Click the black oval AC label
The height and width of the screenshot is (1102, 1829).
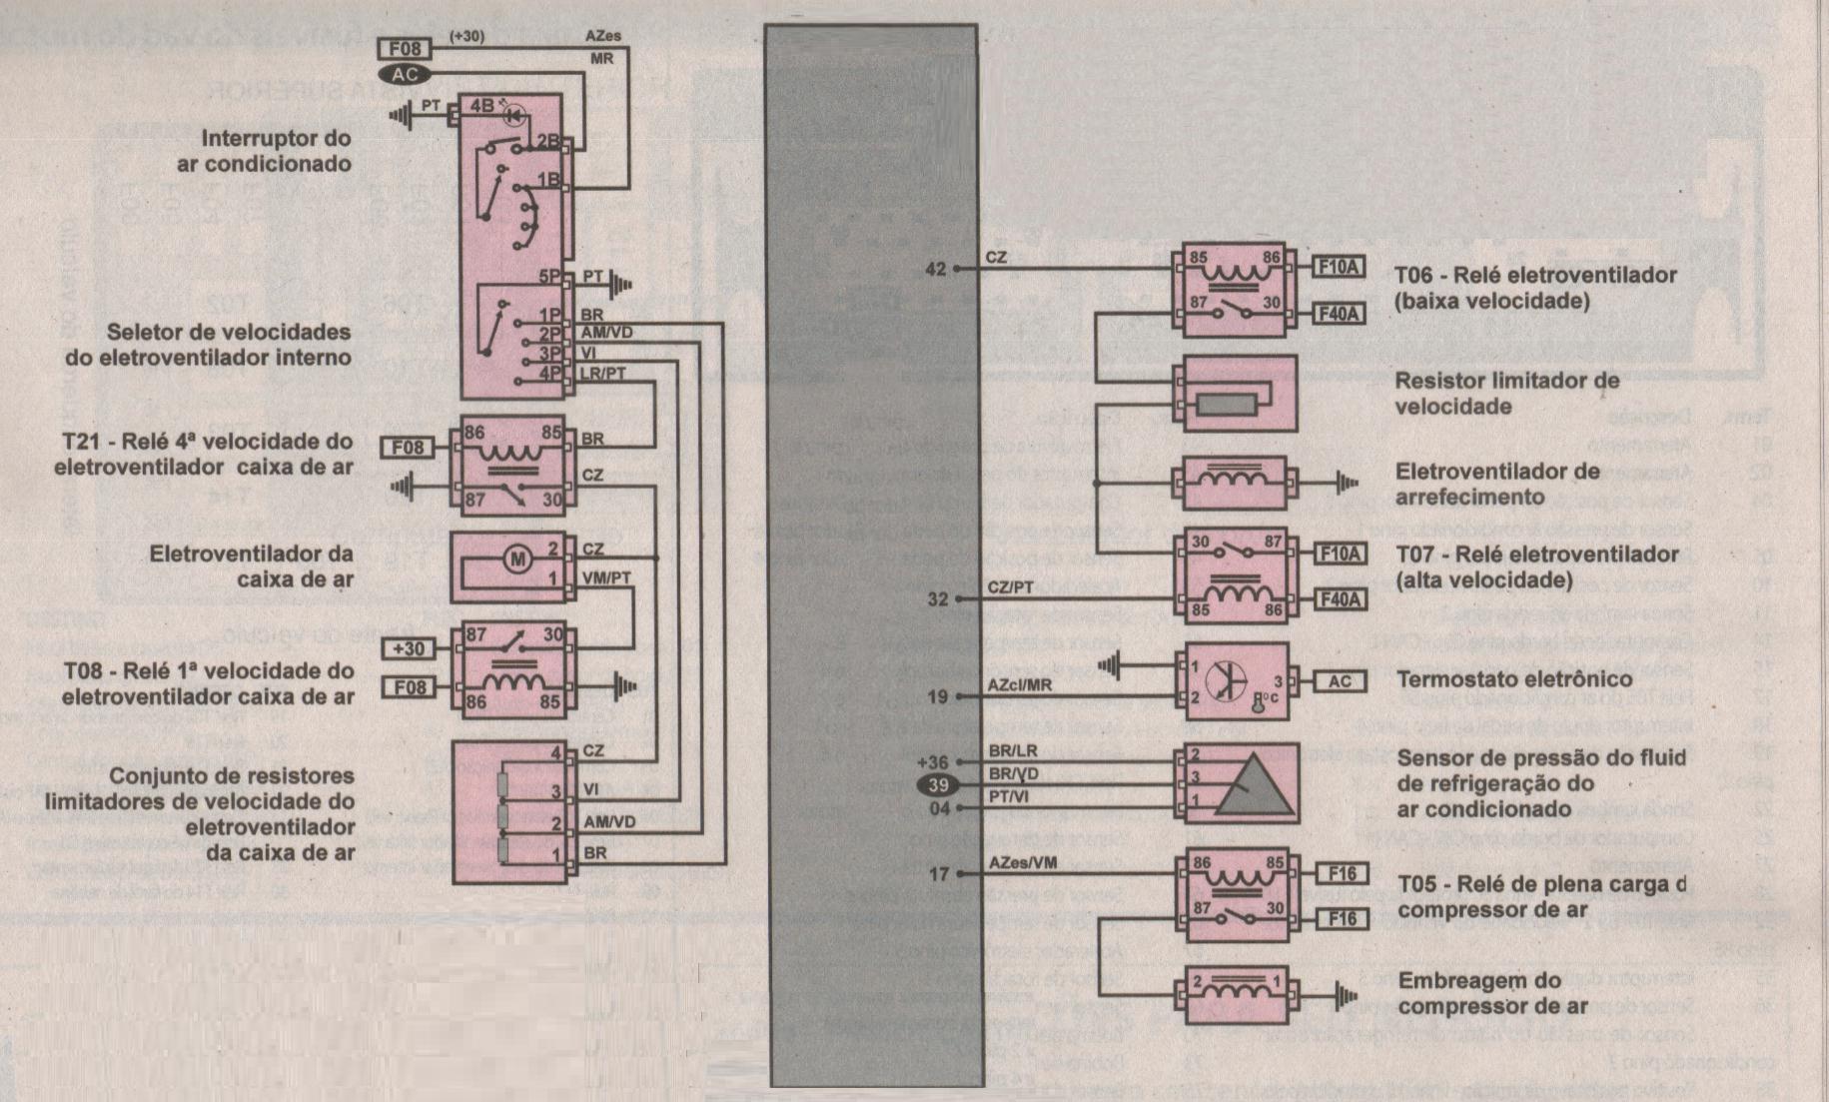pos(405,75)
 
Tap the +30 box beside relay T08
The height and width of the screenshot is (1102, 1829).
pos(409,648)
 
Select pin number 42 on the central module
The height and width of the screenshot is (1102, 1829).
pos(935,269)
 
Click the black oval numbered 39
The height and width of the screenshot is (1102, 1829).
pos(937,786)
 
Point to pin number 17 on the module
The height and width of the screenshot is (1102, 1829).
pos(939,874)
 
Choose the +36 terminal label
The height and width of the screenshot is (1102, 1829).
pos(932,763)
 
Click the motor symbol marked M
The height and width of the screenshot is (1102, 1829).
pos(517,560)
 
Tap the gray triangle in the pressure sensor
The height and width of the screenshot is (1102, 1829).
pos(1252,784)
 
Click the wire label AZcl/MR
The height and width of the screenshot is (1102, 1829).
pos(1019,685)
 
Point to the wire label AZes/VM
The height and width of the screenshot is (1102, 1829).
pos(1022,862)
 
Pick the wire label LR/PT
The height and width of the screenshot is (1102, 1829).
pos(603,374)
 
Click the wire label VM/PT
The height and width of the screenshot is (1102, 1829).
pos(606,578)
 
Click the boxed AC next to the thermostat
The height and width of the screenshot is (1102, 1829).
pos(1340,681)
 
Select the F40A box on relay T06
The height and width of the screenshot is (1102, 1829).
pos(1340,314)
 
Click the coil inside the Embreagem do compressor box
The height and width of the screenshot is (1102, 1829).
pos(1235,989)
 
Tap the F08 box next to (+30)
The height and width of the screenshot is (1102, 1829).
pos(405,48)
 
